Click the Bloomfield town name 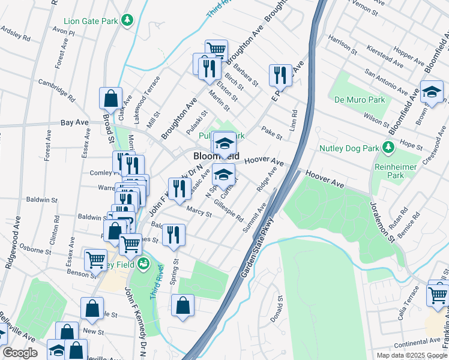click(x=217, y=156)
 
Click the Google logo click(x=20, y=353)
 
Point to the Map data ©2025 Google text click(x=411, y=355)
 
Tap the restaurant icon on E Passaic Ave click(x=280, y=74)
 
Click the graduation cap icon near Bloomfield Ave click(x=430, y=92)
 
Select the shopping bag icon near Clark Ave click(x=110, y=97)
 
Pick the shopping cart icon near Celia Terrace click(x=437, y=295)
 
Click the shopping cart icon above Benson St click(x=95, y=259)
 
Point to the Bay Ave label click(x=74, y=122)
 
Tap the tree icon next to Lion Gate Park click(x=127, y=22)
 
